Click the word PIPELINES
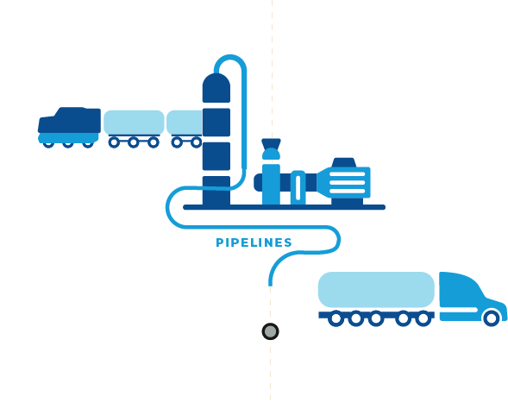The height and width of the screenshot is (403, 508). [254, 242]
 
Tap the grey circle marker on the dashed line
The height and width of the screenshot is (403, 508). [270, 331]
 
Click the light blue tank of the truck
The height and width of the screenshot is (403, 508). [376, 290]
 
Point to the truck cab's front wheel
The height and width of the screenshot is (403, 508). [491, 318]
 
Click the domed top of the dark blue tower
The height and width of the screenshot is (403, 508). [216, 88]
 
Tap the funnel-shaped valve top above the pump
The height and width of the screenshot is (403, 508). [271, 143]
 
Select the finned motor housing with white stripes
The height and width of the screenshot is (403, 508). [344, 182]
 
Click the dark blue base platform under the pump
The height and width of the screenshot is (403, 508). [284, 207]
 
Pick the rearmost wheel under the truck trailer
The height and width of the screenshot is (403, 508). [336, 318]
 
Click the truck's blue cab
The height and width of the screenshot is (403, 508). [472, 296]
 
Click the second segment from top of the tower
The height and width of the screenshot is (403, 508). [216, 123]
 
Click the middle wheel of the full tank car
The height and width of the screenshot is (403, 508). [134, 142]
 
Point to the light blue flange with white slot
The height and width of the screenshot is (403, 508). [298, 187]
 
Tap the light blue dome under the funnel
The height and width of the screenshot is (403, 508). [271, 154]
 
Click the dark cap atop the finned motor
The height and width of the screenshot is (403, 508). [344, 162]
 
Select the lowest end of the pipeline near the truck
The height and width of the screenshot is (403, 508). [270, 286]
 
